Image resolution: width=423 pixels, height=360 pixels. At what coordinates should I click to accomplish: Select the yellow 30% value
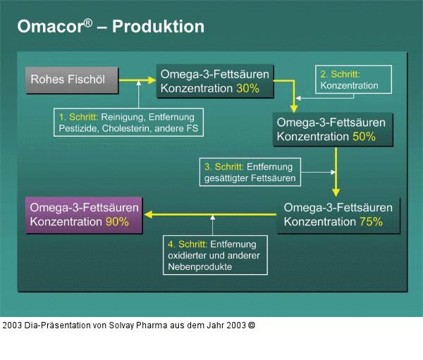(247, 89)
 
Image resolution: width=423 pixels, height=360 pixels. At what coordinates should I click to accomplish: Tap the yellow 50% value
(363, 137)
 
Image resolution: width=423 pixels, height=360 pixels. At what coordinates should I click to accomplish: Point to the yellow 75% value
(371, 221)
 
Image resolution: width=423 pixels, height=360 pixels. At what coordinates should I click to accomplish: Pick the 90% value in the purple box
(117, 221)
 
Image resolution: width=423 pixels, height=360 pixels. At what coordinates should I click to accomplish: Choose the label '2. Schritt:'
(340, 73)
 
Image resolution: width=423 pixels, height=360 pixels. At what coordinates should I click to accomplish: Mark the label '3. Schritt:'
(223, 167)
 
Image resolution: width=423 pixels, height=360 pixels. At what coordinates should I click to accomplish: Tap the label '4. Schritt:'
(188, 243)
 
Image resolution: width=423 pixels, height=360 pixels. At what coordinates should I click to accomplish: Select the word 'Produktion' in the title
(158, 27)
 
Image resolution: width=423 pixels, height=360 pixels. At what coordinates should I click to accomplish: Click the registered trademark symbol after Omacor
(88, 22)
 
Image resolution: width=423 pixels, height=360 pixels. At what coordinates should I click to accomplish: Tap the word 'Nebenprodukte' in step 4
(200, 267)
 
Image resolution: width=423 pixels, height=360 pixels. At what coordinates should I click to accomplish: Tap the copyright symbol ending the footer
(252, 326)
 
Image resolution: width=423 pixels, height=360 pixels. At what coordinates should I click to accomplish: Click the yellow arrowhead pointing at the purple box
(149, 215)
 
